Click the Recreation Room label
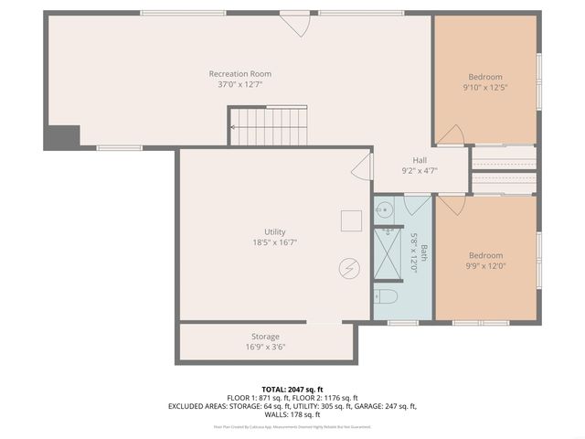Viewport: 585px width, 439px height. (240, 74)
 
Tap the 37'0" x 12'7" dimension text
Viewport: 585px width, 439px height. (240, 85)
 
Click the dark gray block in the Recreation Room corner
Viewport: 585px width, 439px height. (61, 135)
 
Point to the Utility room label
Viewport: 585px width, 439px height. (275, 231)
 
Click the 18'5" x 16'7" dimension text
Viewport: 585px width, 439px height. (275, 242)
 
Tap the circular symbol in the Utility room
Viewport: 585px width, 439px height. (348, 268)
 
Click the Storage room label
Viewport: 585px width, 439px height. (265, 337)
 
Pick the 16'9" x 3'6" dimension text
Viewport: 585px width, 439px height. (265, 348)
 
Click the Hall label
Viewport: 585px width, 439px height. (420, 159)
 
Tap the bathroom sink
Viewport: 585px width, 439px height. (384, 210)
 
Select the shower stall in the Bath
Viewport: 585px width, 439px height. (388, 253)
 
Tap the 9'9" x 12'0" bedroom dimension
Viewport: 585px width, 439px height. (485, 266)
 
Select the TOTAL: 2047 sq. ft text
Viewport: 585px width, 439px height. (292, 390)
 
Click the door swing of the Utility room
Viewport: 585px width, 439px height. (363, 166)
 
